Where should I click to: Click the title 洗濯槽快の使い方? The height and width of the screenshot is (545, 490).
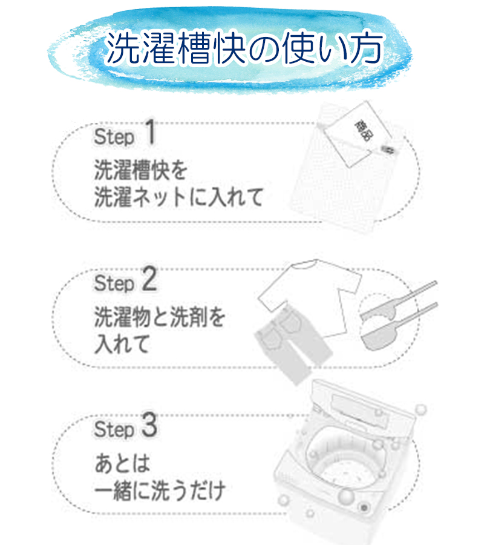(244, 48)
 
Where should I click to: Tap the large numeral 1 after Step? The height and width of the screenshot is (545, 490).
(150, 132)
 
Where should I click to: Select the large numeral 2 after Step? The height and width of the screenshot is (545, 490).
(149, 279)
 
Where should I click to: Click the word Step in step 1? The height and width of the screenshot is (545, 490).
(114, 137)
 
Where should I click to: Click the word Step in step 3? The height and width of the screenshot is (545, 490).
(114, 429)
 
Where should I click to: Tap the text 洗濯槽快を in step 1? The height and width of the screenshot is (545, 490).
(141, 170)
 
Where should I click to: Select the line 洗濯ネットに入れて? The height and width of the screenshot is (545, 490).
(178, 197)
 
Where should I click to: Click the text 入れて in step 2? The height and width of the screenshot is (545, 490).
(122, 344)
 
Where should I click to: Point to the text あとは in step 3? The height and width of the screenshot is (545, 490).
(122, 463)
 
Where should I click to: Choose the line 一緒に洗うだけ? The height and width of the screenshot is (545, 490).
(160, 490)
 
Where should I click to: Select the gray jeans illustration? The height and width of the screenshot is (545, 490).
(292, 344)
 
